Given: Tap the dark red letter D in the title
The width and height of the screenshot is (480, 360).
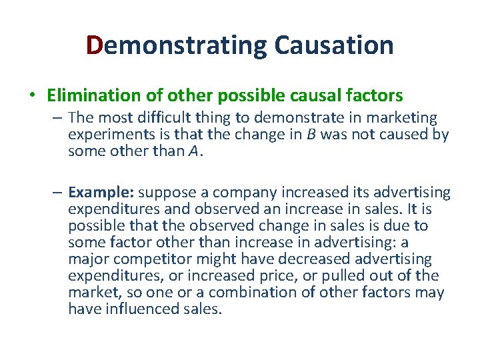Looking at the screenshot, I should [x=95, y=45].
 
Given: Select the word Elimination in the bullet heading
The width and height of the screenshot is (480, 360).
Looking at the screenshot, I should [x=89, y=95].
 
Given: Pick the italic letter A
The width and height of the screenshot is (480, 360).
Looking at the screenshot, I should [x=193, y=151].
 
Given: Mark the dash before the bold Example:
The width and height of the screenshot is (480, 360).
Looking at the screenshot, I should [x=59, y=193].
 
